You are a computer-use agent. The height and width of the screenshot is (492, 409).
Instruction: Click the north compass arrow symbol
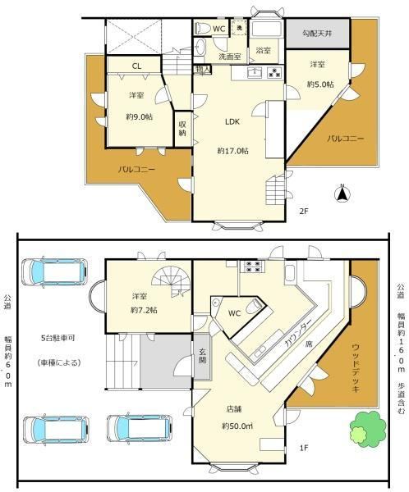coord(342,194)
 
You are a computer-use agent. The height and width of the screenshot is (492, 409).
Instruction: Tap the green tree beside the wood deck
coord(367,429)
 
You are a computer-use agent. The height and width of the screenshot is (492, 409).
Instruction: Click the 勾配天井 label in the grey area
coord(317,34)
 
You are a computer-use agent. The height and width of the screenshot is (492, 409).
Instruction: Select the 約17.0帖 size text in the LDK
coord(233,151)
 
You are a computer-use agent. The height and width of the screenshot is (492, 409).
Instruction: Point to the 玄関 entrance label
coord(202,356)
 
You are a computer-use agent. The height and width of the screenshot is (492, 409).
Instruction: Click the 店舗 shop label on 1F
coord(234,409)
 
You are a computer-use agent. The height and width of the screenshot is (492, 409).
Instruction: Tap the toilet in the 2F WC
coord(203,29)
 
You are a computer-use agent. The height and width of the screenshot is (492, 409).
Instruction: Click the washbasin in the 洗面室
coord(200,47)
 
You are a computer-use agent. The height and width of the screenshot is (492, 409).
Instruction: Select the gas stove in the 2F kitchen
coord(275,72)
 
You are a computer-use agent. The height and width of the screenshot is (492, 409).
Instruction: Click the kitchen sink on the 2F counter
coord(255,72)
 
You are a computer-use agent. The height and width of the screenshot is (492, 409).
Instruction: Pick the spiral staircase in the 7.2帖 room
coord(172,281)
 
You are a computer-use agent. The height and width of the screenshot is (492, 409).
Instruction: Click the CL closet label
coord(136,66)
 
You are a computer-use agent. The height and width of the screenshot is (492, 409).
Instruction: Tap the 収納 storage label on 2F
coord(182,129)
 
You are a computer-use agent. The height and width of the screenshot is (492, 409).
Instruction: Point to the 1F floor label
coord(303,448)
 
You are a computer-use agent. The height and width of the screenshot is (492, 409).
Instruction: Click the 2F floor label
coord(303,212)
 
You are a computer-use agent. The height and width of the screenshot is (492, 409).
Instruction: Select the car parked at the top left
coord(54,271)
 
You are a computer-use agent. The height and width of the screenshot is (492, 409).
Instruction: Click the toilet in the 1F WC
coord(254,305)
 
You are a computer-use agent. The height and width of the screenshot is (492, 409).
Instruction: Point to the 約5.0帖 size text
coord(320,84)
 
